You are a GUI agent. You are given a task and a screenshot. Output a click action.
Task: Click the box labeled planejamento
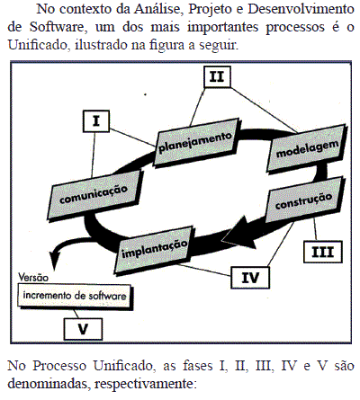click(x=196, y=142)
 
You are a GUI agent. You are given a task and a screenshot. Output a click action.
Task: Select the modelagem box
click(x=307, y=148)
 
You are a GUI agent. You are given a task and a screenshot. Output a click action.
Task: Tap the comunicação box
click(x=94, y=195)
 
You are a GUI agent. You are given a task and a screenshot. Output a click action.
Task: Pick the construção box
click(x=304, y=200)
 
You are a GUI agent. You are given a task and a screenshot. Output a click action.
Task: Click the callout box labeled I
click(x=96, y=121)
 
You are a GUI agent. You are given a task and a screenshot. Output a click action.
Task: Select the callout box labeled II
click(x=217, y=76)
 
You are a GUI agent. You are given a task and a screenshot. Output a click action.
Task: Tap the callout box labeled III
click(x=323, y=252)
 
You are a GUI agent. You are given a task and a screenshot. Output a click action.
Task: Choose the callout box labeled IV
click(x=250, y=278)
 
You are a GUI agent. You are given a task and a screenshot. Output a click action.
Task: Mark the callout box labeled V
click(x=83, y=329)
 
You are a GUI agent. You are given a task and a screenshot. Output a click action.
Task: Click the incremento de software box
click(x=75, y=296)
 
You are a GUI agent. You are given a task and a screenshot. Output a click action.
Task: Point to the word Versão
click(x=33, y=278)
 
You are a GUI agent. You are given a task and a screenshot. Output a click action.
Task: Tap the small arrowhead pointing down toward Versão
click(x=54, y=261)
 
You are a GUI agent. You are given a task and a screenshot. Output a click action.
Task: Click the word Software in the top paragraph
click(x=58, y=27)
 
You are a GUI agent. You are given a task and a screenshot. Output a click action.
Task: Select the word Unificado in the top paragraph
click(x=37, y=45)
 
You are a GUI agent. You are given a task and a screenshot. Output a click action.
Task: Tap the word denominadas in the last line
click(x=48, y=384)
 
